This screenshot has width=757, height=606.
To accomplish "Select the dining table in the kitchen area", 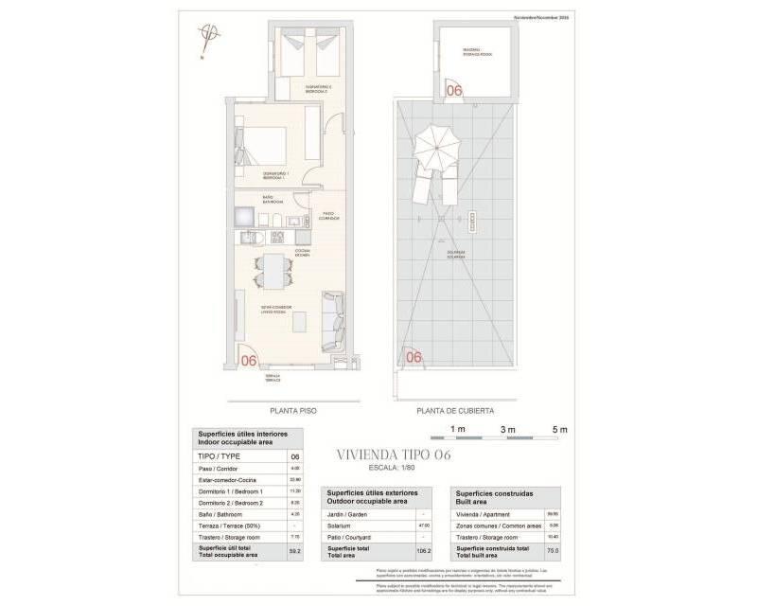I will tap(273, 273).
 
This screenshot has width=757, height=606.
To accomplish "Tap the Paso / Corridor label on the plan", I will tap(329, 216).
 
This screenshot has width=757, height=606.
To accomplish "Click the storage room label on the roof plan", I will tap(471, 51).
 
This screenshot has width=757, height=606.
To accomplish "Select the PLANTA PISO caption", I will tap(292, 411).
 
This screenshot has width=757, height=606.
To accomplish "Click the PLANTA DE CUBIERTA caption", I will tap(454, 411).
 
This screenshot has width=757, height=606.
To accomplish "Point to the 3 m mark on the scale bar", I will tap(507, 429).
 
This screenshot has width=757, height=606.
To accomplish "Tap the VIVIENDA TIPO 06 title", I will tap(394, 455).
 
